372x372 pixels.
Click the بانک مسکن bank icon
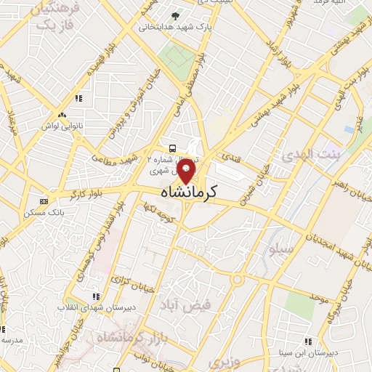(44, 201)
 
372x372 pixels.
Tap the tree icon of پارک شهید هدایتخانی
(174, 15)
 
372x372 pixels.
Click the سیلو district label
(280, 248)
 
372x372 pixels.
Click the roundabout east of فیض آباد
(238, 280)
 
